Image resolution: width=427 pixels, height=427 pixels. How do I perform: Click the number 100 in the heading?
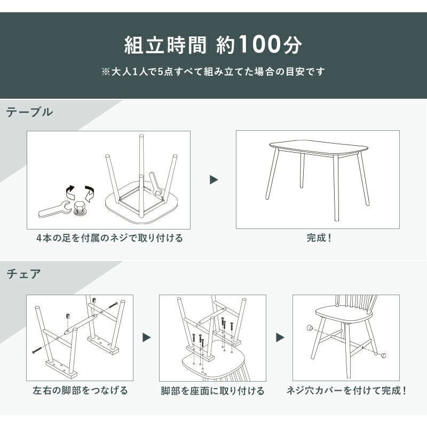click(x=259, y=44)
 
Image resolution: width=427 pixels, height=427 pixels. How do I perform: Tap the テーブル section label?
click(x=29, y=112)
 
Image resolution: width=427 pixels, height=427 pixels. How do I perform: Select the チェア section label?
click(x=23, y=274)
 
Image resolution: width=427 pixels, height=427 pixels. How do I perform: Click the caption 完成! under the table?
click(x=319, y=238)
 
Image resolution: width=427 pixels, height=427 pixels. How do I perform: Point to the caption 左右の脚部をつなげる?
click(x=80, y=390)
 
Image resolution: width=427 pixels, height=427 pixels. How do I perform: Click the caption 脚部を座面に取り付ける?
click(x=212, y=391)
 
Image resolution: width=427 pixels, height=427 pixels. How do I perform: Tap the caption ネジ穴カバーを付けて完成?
click(x=346, y=391)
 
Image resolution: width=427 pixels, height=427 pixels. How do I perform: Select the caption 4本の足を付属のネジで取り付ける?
click(x=109, y=238)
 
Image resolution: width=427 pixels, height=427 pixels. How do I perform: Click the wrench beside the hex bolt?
click(x=54, y=209)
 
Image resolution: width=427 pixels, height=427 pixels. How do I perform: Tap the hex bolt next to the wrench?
click(x=79, y=209)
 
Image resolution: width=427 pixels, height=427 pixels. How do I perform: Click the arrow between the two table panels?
click(x=214, y=179)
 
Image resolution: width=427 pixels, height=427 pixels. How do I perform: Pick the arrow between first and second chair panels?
click(x=146, y=338)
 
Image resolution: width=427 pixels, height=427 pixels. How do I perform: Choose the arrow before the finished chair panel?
click(x=280, y=337)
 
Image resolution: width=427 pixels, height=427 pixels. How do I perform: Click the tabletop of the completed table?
click(x=319, y=147)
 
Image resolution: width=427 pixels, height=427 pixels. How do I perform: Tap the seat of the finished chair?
click(x=344, y=314)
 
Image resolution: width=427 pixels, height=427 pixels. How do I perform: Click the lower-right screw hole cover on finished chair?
click(x=383, y=354)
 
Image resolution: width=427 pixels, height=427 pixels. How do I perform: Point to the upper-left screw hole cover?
click(x=310, y=327)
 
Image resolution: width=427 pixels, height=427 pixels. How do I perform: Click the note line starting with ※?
click(x=213, y=72)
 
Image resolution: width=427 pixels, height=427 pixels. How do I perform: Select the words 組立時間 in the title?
click(x=165, y=44)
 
